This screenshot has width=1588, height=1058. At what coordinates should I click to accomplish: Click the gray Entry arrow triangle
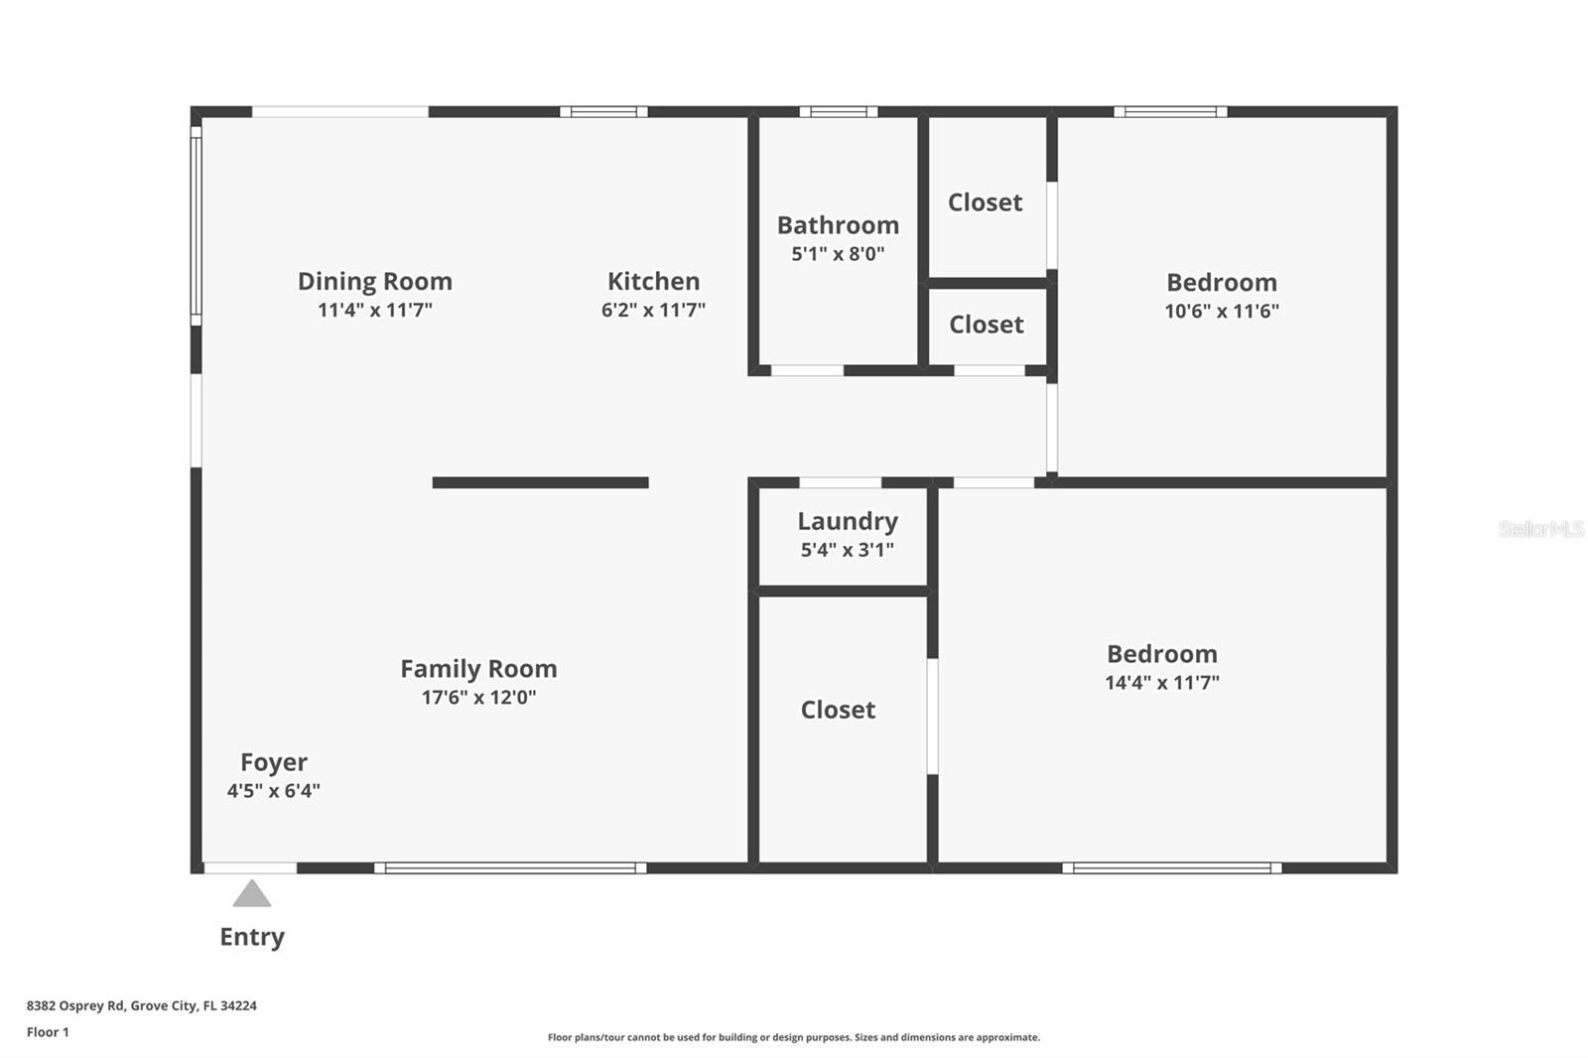(x=252, y=895)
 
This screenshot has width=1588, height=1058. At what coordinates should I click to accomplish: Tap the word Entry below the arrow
(x=252, y=937)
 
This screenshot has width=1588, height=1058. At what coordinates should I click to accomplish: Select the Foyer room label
(x=274, y=762)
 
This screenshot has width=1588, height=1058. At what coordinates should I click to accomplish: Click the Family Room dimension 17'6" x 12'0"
(x=478, y=698)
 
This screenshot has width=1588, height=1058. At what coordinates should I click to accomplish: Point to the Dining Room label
(x=375, y=282)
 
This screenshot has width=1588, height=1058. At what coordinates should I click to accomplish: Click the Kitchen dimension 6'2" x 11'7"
(x=653, y=311)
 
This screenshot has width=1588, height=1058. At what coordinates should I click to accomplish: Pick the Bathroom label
(x=838, y=225)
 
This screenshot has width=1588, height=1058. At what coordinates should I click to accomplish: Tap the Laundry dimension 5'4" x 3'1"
(x=847, y=550)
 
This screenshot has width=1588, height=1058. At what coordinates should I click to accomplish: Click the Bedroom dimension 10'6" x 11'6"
(x=1222, y=312)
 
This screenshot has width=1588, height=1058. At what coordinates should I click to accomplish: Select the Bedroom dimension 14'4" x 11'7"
(x=1162, y=683)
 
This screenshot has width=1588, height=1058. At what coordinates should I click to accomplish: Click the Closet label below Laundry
(x=838, y=710)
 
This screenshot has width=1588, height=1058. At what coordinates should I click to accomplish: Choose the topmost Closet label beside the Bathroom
(x=985, y=202)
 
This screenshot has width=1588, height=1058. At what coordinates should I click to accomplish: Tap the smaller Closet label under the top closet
(x=986, y=325)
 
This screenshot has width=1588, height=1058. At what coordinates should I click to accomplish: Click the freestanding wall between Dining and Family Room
(x=540, y=483)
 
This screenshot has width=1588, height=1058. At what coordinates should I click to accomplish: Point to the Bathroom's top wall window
(x=839, y=112)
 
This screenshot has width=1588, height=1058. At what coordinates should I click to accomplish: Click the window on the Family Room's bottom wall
(x=510, y=868)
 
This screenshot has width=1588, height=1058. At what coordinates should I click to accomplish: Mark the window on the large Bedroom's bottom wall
(x=1172, y=868)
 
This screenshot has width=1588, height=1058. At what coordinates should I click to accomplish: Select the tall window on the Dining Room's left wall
(x=197, y=225)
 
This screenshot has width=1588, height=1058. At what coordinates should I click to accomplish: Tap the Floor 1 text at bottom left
(x=48, y=1032)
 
